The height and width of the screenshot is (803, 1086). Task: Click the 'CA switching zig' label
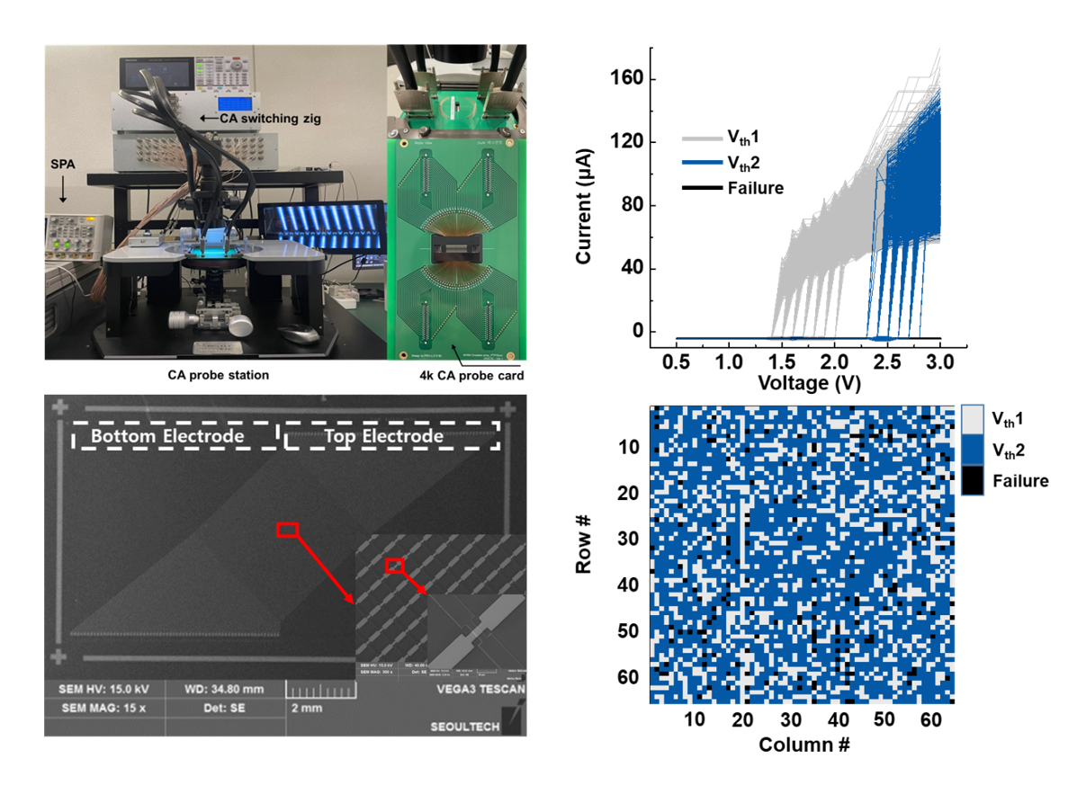(262, 118)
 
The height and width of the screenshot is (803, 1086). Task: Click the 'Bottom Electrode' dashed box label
(168, 436)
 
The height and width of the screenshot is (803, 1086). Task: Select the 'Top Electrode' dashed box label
(384, 436)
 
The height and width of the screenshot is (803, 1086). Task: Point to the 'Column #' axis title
(803, 745)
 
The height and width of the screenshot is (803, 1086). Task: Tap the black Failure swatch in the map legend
(973, 481)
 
